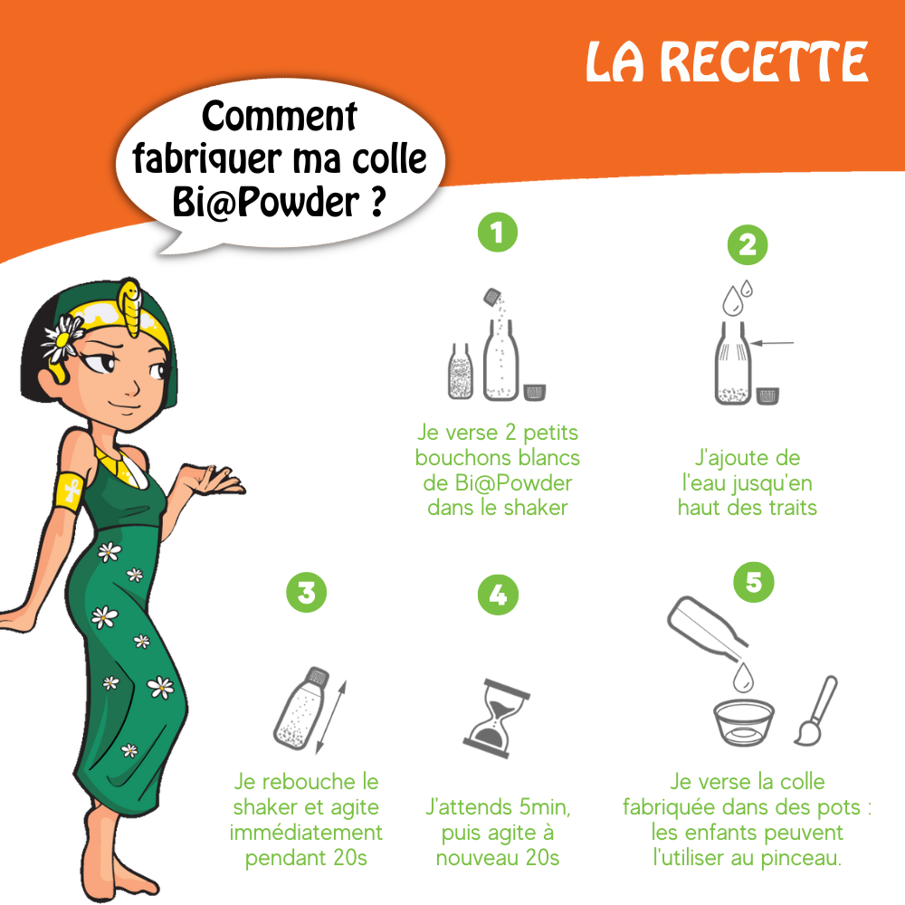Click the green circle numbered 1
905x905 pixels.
(x=498, y=233)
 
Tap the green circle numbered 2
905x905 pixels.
(x=748, y=244)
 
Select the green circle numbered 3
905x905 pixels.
(x=307, y=592)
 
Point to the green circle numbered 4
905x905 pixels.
(x=498, y=595)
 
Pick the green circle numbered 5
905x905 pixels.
(x=754, y=582)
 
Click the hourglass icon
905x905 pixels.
(x=496, y=719)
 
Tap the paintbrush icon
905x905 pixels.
(x=815, y=711)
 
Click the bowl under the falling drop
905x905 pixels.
(x=743, y=722)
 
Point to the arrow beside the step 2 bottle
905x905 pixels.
(x=772, y=343)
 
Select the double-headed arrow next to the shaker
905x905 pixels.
(x=331, y=718)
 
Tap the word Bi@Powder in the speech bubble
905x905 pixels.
(x=265, y=202)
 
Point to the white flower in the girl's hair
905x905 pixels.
(x=62, y=338)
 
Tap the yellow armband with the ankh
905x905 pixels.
(x=71, y=490)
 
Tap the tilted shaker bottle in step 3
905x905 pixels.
(x=302, y=709)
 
